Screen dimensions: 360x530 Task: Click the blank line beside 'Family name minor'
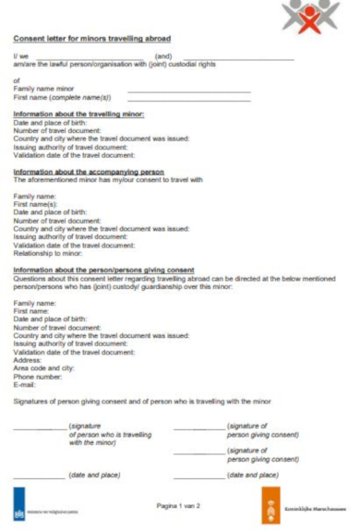coord(188,90)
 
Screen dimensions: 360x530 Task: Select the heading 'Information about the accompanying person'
coord(89,172)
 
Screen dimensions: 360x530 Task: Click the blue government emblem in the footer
coord(21,507)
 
